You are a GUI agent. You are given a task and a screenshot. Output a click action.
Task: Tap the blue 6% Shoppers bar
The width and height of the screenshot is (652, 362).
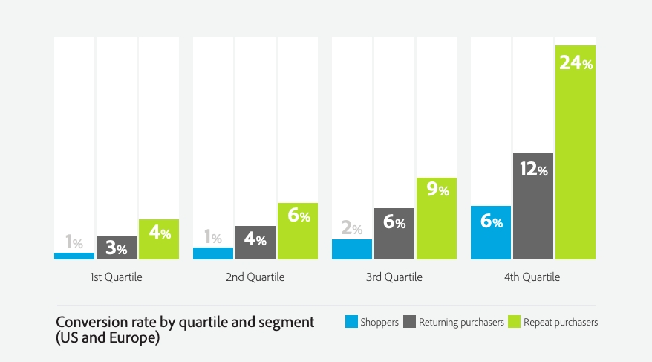coord(491,233)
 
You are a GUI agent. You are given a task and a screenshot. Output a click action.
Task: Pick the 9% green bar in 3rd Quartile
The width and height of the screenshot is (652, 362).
coord(437,219)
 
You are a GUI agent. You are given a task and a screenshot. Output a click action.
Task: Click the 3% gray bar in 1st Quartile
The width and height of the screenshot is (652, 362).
coord(117,248)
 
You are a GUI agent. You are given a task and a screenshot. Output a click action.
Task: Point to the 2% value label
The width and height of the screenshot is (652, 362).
coord(352,229)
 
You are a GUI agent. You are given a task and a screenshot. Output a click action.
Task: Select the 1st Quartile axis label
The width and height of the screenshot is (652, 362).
coord(117,277)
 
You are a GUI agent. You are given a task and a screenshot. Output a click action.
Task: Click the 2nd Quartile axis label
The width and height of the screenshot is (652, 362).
coord(255,277)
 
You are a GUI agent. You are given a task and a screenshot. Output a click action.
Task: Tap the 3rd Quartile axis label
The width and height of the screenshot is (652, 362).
coord(394,277)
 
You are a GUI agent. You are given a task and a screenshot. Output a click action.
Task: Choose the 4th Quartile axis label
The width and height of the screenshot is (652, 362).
coord(533,277)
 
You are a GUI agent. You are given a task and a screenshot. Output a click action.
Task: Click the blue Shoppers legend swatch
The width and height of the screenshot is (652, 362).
coord(351,322)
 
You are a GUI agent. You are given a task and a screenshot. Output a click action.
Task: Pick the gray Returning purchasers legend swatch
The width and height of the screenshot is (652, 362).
coord(409,322)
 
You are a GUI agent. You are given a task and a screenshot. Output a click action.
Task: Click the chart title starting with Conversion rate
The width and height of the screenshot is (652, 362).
coord(185,322)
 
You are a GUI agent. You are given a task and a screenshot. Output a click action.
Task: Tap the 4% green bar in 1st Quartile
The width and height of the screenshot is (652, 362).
coord(159,239)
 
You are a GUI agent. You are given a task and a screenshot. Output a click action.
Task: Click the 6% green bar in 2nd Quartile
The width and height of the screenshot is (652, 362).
coord(298,231)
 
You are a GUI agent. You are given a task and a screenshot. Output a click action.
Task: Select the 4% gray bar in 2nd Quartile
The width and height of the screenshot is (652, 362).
coord(255,242)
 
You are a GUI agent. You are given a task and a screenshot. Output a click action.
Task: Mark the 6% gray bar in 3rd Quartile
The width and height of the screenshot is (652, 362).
coord(394,233)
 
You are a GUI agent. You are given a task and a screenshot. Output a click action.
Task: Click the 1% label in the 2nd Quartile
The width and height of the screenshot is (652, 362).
coord(213,239)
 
